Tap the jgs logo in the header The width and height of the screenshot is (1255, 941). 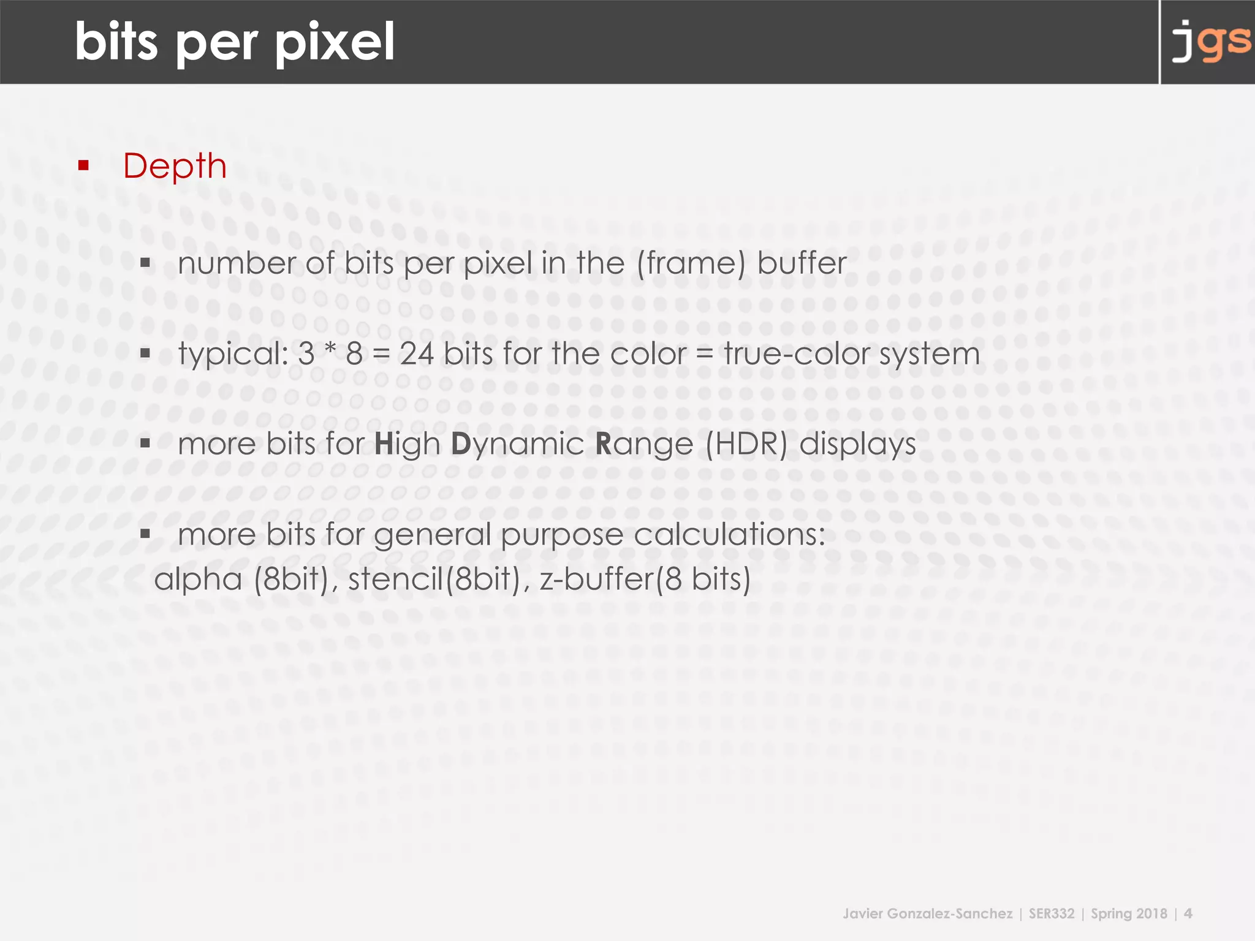tap(1211, 42)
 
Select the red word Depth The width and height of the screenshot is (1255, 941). tap(175, 166)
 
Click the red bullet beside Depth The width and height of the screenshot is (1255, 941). tap(84, 165)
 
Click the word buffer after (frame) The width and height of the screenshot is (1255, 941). tap(802, 263)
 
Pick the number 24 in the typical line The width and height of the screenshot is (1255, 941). tap(417, 354)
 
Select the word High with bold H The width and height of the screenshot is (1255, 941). tap(407, 444)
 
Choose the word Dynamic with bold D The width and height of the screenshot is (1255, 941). tap(517, 444)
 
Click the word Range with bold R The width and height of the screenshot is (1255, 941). tap(644, 444)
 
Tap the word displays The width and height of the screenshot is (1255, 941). tap(857, 444)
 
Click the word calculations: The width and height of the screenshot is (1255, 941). tap(729, 534)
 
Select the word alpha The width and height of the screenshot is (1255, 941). tap(198, 580)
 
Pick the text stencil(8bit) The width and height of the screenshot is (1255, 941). tap(434, 580)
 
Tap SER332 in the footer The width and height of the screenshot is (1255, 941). tap(1052, 914)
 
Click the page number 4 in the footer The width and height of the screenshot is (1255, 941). tap(1188, 914)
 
